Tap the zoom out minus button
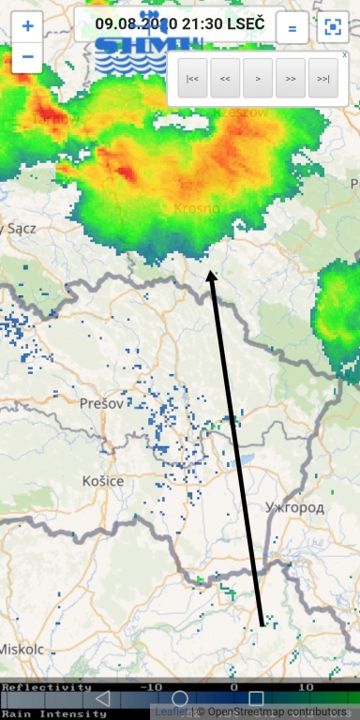[26, 57]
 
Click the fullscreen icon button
[332, 28]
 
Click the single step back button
[225, 79]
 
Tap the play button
[258, 79]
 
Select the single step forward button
[291, 79]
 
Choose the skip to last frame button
[323, 79]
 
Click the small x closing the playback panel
[344, 55]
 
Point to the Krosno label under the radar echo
[196, 208]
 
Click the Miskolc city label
[16, 649]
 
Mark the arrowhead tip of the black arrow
[212, 273]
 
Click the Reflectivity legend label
[41, 687]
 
